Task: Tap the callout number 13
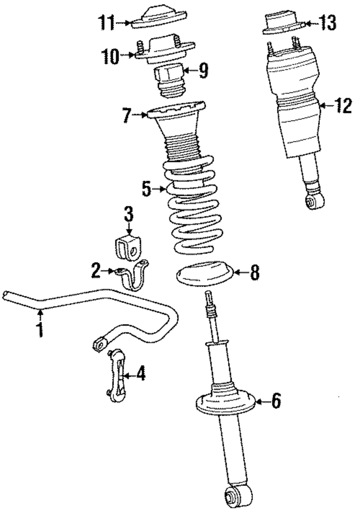tap(327, 23)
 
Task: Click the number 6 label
tap(276, 401)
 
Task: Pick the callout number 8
tap(255, 273)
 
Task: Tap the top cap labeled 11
tap(159, 18)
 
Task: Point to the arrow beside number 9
tap(189, 70)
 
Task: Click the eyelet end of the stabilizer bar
tap(99, 344)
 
